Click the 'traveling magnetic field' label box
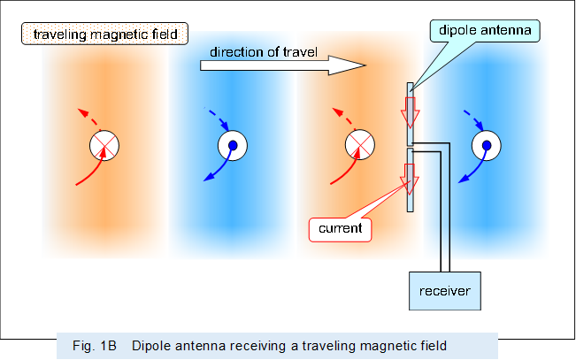(104, 35)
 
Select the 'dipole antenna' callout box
(488, 32)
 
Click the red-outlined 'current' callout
(342, 228)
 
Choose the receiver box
(444, 291)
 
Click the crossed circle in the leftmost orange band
(104, 146)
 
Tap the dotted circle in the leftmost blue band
(232, 146)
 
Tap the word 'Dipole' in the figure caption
(151, 345)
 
